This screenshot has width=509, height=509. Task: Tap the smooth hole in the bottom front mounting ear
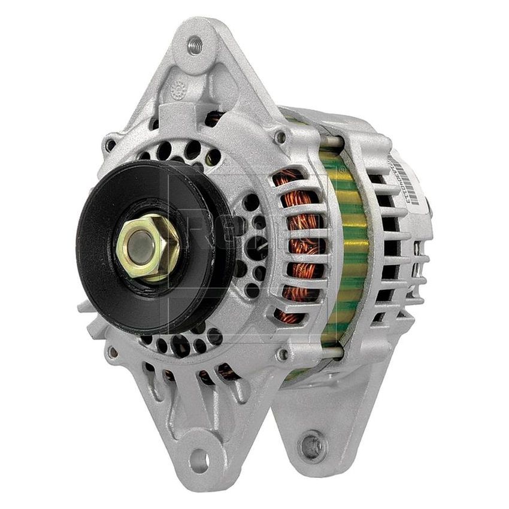click(x=200, y=460)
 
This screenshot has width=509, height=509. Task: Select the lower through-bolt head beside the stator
click(x=282, y=355)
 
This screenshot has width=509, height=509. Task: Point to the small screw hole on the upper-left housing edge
click(x=110, y=145)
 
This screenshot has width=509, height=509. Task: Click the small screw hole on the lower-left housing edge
click(x=111, y=353)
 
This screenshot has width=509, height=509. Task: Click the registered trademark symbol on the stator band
click(x=343, y=169)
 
